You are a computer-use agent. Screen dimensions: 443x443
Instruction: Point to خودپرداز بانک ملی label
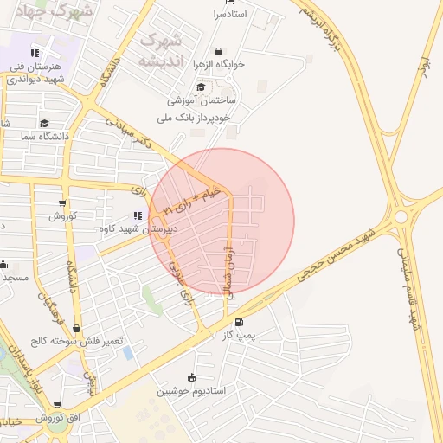click(200, 117)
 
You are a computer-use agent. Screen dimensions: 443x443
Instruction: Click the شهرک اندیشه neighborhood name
click(162, 49)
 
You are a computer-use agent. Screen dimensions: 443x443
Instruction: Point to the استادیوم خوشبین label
click(191, 390)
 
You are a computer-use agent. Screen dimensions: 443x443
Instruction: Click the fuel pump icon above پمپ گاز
click(238, 322)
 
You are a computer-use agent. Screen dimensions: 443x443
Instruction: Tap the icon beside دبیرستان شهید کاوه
click(137, 216)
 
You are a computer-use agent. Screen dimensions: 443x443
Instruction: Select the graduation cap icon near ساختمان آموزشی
click(201, 87)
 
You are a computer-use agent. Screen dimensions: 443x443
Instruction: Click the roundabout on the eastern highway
click(401, 218)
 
